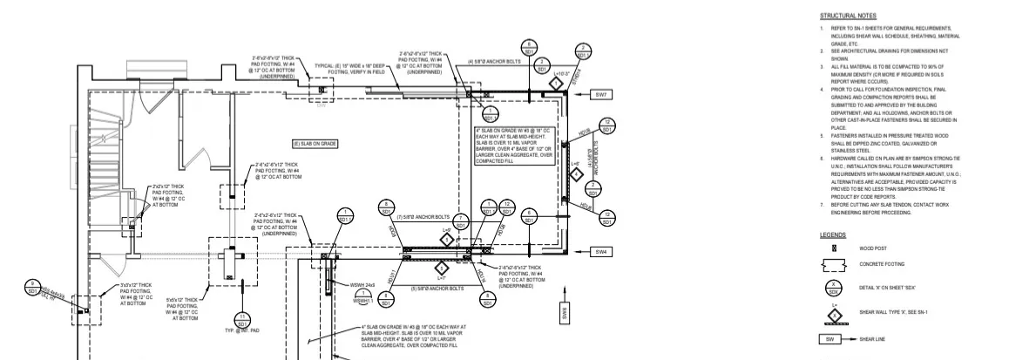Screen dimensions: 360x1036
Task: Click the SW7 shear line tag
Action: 601,93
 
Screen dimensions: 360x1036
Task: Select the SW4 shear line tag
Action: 601,252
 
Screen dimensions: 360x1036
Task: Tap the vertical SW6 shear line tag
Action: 565,312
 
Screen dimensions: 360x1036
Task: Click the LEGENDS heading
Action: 833,234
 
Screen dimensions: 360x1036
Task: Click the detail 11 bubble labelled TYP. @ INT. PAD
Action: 242,319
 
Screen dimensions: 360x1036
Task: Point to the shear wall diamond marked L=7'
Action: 441,268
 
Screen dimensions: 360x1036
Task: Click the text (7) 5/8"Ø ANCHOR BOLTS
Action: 423,216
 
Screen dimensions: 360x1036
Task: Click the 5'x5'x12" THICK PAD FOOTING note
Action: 181,309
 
